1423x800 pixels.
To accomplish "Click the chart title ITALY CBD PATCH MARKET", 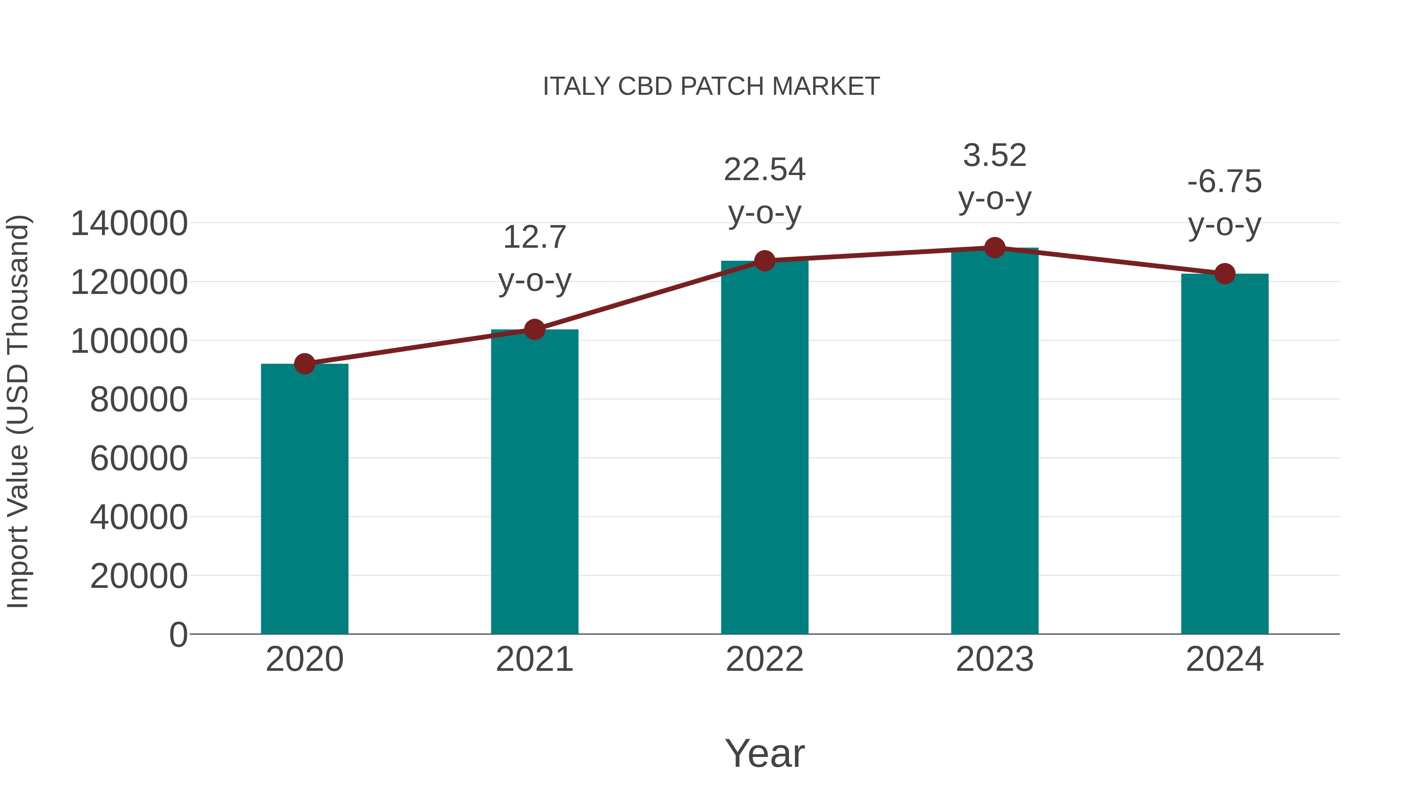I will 711,87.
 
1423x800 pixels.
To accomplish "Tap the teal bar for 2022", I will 764,447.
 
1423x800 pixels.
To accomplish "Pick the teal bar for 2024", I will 1225,454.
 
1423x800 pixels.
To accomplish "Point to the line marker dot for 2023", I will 995,248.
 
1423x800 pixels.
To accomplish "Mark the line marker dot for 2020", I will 304,364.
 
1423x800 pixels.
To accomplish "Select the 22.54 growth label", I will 764,169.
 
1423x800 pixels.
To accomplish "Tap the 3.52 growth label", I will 995,156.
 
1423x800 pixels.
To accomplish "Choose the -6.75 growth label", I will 1225,182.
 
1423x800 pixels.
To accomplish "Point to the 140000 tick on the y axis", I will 129,224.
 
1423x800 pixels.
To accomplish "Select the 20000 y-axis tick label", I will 139,576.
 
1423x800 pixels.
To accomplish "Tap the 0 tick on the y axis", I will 178,634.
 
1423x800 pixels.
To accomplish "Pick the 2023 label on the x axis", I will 995,659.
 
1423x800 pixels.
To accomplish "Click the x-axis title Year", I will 764,753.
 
